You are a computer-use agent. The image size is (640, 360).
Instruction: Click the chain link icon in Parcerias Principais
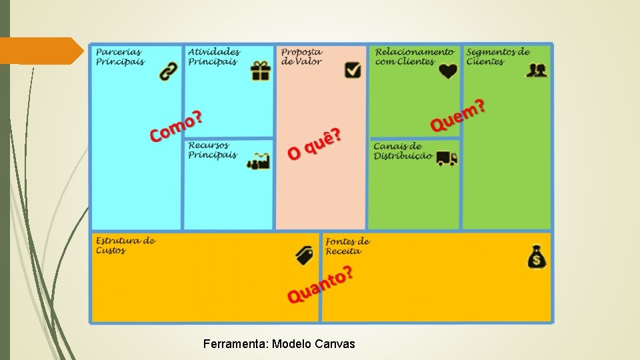click(x=169, y=71)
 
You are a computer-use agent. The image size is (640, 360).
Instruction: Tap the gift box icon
click(x=261, y=71)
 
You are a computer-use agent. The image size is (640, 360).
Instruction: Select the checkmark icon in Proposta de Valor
click(x=353, y=70)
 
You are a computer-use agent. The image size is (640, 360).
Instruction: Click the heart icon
click(x=449, y=71)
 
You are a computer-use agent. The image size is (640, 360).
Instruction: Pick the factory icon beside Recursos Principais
click(x=259, y=161)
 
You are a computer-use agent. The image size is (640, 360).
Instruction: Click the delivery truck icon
click(x=447, y=158)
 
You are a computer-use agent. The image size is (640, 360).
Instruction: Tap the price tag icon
click(x=304, y=255)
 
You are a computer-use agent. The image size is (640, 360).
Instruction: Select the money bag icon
click(x=537, y=257)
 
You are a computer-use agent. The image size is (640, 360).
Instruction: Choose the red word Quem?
click(x=458, y=115)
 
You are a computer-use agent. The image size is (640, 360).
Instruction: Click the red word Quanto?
click(x=320, y=285)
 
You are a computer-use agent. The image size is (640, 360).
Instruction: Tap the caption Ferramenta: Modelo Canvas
click(x=279, y=344)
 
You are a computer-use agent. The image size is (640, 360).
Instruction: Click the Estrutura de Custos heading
click(x=125, y=245)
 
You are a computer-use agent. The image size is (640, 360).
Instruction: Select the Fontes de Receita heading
click(x=347, y=246)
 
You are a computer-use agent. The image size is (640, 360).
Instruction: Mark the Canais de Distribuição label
click(x=403, y=151)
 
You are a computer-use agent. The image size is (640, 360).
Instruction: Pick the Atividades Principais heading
click(x=214, y=57)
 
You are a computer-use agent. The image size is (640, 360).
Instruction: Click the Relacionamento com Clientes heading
click(x=415, y=57)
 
